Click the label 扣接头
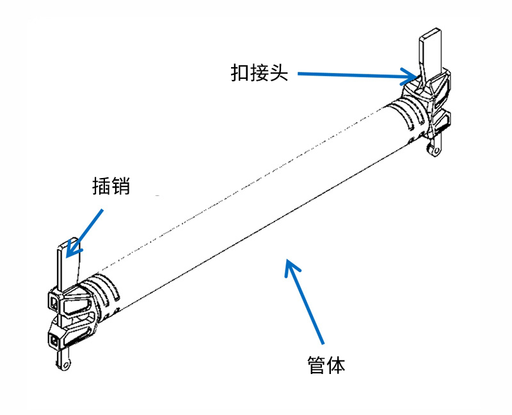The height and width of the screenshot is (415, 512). point(259,72)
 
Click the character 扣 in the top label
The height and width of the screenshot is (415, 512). point(240,72)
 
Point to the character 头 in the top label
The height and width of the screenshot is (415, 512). point(279,72)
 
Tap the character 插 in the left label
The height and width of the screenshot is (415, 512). point(101,186)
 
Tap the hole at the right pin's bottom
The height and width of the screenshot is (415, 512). point(436,151)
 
